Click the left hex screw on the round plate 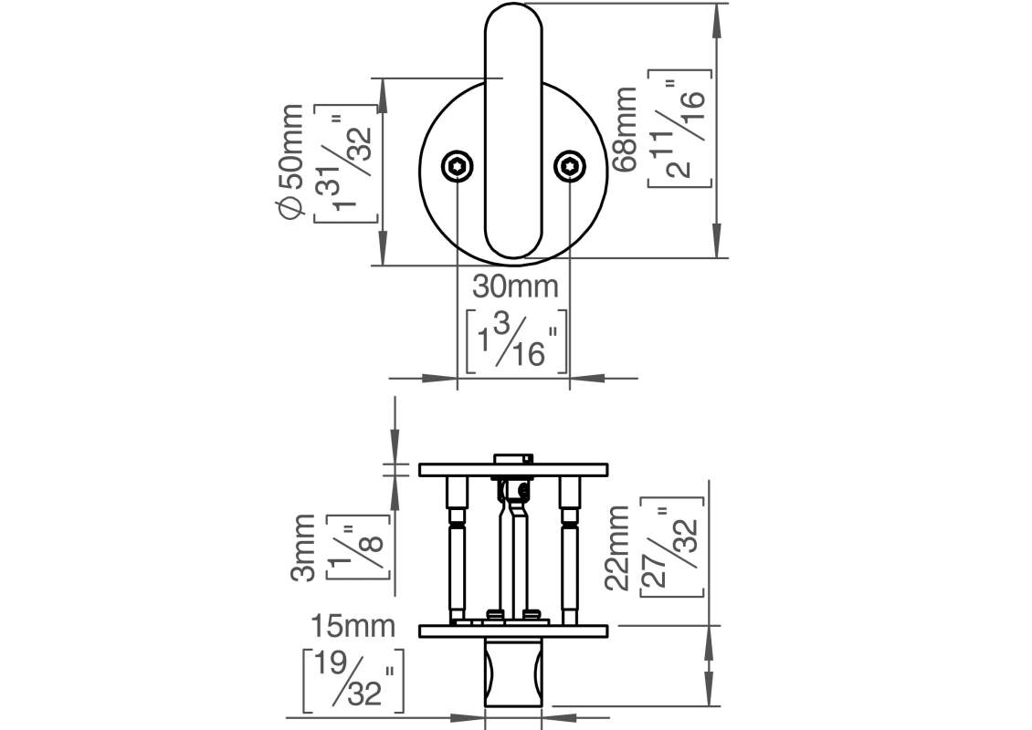coord(458,166)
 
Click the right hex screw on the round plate coord(570,166)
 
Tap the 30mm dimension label coord(514,287)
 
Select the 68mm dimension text coord(627,129)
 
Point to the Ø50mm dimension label coord(290,162)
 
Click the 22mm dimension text coord(617,547)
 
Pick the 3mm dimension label coord(305,547)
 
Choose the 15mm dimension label coord(353,627)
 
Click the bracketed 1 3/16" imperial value coord(515,340)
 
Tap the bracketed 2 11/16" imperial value coord(679,128)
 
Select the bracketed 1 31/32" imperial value coord(345,162)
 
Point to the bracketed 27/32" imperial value coord(672,547)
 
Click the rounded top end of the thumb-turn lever coord(513,23)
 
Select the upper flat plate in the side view coord(513,470)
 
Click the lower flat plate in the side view coord(513,631)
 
